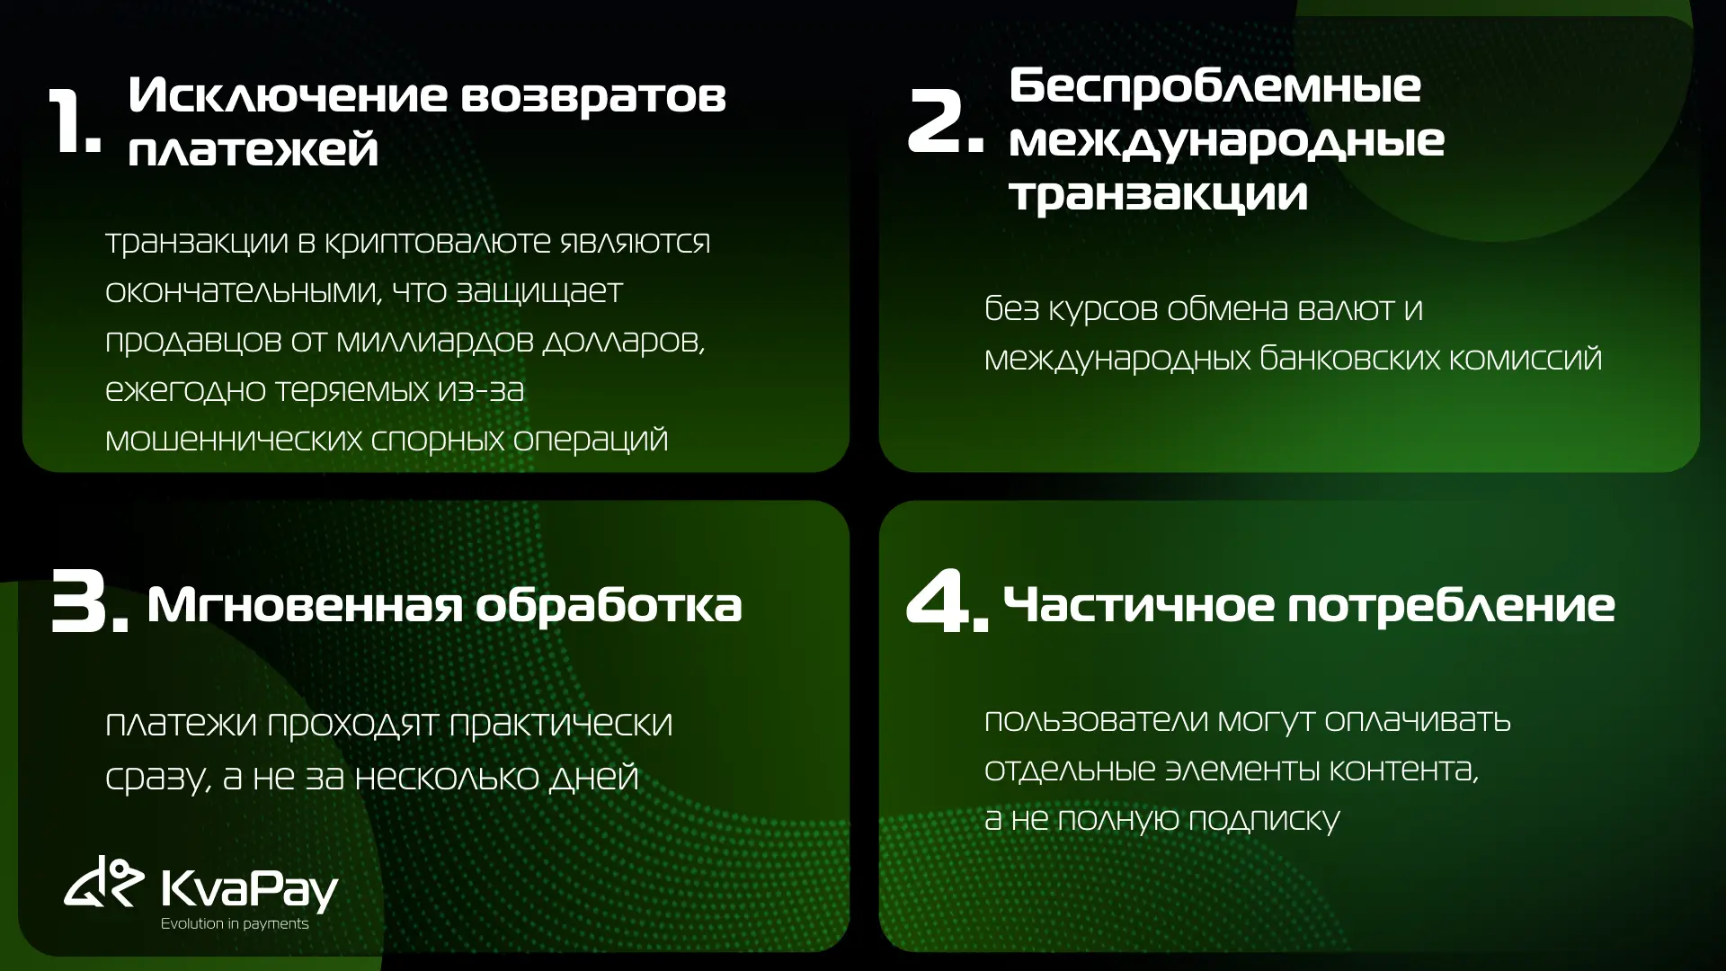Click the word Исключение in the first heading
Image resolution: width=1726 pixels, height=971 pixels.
pos(288,95)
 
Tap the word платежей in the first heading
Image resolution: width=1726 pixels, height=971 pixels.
pos(253,149)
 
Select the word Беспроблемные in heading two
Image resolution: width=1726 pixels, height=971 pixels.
pos(1214,86)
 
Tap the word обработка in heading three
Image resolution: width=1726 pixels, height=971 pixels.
pos(609,604)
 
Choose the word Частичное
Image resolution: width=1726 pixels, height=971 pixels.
pos(1138,604)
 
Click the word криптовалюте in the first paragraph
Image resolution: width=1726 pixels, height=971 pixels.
pos(437,242)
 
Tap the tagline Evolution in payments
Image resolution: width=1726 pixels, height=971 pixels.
pos(235,924)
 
